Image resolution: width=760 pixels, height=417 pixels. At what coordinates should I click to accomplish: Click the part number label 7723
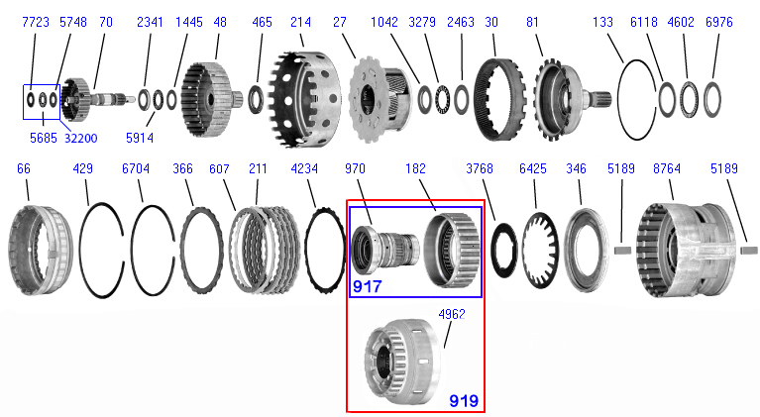coord(36,22)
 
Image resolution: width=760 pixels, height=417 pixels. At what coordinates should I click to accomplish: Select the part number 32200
coord(81,139)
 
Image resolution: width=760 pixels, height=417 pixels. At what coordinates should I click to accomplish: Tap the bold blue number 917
coord(367,286)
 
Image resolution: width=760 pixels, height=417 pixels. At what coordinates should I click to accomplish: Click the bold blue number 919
coord(464,400)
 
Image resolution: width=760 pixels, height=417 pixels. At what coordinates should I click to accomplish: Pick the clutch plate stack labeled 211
coord(265,250)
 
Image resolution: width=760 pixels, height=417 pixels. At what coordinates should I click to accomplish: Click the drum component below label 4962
coord(402,361)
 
